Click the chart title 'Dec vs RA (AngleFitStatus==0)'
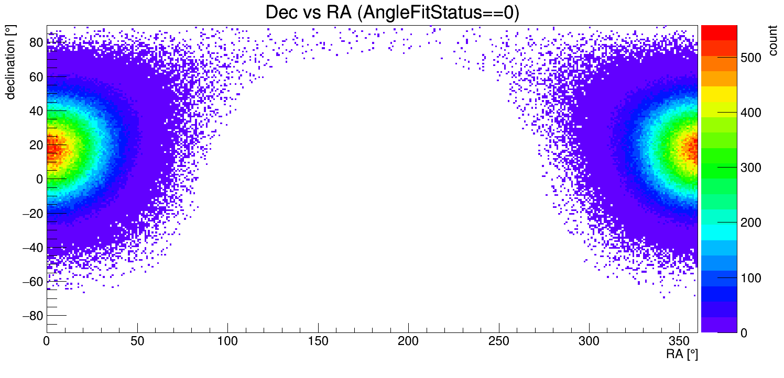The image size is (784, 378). click(x=392, y=13)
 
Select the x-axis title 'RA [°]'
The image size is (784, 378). click(x=682, y=354)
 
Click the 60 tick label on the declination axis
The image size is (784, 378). click(x=36, y=76)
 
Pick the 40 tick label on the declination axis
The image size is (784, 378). click(x=36, y=110)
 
